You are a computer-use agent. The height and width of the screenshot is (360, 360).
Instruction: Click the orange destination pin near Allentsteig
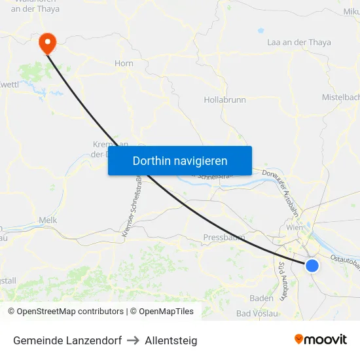(x=47, y=43)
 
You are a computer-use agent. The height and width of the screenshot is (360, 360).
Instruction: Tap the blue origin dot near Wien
(x=312, y=265)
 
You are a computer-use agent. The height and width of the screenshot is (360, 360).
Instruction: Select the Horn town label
(x=124, y=63)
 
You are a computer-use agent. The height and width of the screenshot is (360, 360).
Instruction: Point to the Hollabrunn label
(x=225, y=99)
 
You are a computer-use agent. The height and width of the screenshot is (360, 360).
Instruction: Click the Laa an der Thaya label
(x=299, y=43)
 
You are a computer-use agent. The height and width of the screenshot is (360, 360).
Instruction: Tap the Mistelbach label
(x=341, y=97)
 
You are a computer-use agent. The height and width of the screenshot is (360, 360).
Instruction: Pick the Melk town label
(x=48, y=221)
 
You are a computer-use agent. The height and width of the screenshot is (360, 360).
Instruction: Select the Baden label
(x=261, y=298)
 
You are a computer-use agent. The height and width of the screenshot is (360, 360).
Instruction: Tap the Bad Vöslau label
(x=257, y=314)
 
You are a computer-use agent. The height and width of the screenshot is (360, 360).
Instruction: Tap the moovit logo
(x=321, y=340)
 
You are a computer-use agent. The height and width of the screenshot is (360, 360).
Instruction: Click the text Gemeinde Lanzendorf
(x=67, y=340)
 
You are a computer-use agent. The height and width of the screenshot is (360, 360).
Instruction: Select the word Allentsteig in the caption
(x=171, y=340)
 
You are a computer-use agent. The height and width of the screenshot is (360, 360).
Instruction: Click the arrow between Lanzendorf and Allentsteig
(x=133, y=340)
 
